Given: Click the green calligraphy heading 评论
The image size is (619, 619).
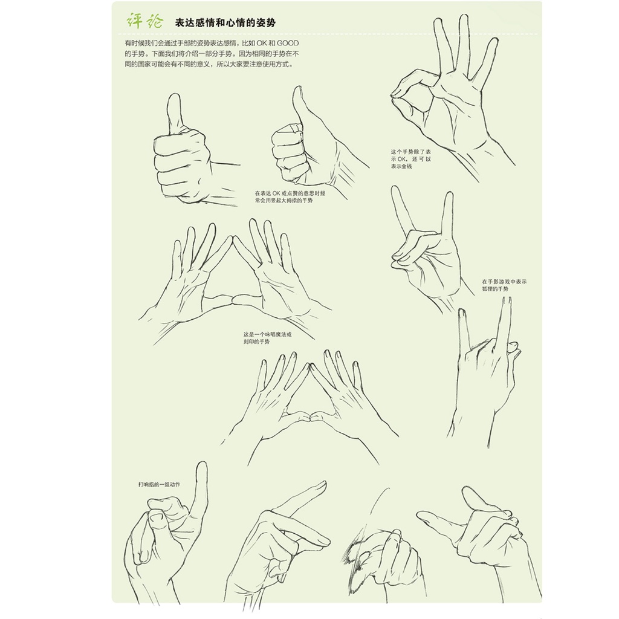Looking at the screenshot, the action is tap(144, 21).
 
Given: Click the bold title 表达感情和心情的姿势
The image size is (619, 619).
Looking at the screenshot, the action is tap(225, 22).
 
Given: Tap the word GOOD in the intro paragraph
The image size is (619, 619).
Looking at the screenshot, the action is tap(287, 43).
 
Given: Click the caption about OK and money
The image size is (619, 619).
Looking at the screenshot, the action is tap(410, 159).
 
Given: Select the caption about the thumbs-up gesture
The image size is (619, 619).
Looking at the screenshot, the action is tap(290, 197).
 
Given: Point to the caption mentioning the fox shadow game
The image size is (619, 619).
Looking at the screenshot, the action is tap(504, 285).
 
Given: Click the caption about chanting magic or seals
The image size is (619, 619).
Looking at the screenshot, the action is tap(267, 338).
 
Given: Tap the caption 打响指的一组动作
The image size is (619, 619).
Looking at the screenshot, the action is tap(159, 484).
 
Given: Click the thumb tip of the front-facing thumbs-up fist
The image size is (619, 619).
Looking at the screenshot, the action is tap(173, 97).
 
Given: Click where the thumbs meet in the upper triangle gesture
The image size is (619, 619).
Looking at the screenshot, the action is tap(232, 299).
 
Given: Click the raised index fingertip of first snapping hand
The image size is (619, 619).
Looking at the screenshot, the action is tap(201, 466).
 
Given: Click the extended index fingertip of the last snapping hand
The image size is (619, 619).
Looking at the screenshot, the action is tap(421, 514).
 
